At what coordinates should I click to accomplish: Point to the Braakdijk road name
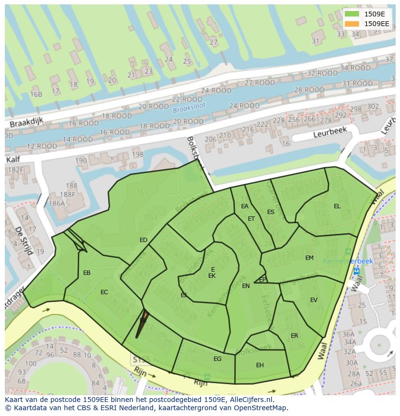coord(27,123)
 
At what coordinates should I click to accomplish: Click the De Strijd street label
coord(23,240)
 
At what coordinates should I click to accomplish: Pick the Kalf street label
coord(14,159)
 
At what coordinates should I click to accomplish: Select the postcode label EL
coord(337,206)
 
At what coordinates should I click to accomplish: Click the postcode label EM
coord(309,258)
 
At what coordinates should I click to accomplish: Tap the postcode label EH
coord(260,365)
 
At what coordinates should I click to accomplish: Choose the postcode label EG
coord(217,359)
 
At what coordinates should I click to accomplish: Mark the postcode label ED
coord(143,240)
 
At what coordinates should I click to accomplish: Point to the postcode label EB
coord(87,273)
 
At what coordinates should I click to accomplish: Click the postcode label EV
coord(314,300)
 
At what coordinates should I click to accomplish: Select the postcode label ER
coord(294,336)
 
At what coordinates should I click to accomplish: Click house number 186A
coord(57,204)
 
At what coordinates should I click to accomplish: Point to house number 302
coord(373,106)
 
